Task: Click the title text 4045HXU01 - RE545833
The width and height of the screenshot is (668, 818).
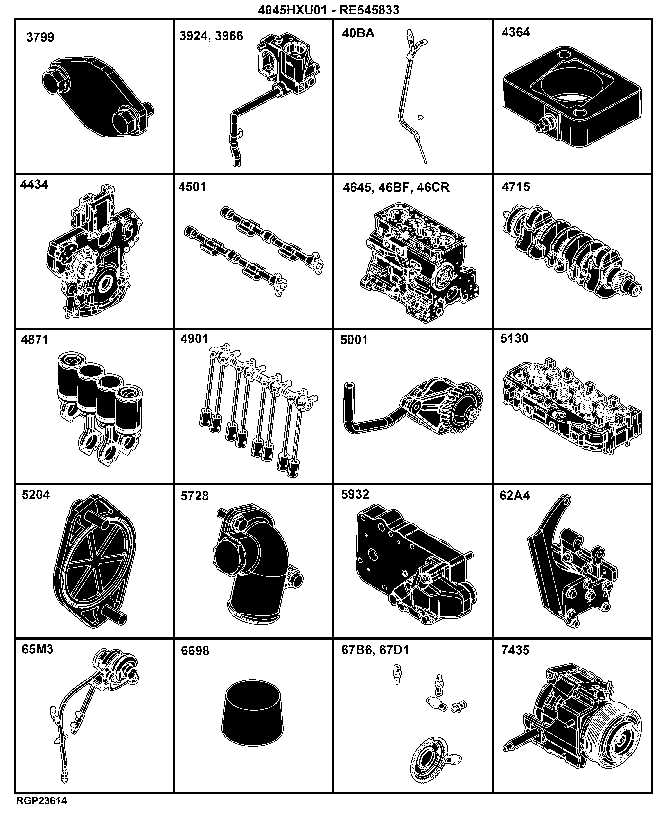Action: (x=328, y=10)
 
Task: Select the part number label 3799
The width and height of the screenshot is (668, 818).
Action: (x=40, y=37)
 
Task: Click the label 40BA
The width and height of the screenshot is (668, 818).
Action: (x=358, y=33)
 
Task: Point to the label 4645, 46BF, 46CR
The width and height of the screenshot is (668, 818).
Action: (x=396, y=187)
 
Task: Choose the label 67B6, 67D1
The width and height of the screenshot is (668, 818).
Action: (x=375, y=650)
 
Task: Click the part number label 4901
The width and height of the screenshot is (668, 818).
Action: (x=194, y=339)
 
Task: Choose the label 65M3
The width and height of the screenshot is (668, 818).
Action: (x=37, y=649)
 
